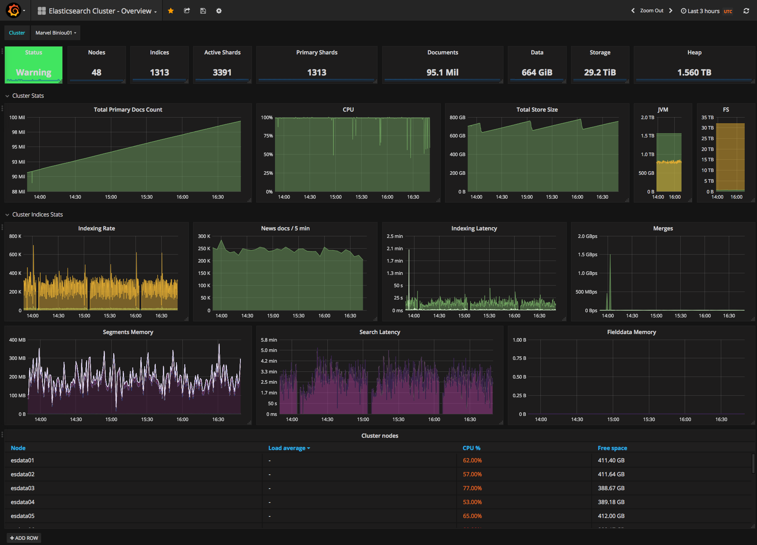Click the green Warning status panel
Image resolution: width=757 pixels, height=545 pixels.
[x=33, y=65]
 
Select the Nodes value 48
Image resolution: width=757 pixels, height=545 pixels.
[x=97, y=72]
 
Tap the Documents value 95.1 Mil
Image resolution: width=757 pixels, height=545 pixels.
[x=442, y=72]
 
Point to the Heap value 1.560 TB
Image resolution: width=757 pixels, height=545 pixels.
[x=694, y=72]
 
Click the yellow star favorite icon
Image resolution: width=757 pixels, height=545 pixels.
[x=170, y=11]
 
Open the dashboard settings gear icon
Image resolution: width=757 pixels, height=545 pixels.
[x=219, y=11]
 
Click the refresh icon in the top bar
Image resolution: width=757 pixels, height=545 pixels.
[x=746, y=11]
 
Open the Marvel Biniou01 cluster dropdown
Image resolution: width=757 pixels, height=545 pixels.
[x=56, y=33]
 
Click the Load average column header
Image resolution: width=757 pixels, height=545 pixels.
[x=289, y=448]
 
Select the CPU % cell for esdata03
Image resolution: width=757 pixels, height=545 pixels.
[x=472, y=488]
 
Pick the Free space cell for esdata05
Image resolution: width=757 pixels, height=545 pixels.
[x=611, y=516]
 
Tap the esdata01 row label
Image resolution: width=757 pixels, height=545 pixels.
[x=23, y=460]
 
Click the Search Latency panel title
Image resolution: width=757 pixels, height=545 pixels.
[x=379, y=332]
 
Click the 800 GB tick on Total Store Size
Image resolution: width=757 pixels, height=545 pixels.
[x=457, y=118]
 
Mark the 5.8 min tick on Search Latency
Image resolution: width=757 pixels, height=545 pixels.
[x=269, y=340]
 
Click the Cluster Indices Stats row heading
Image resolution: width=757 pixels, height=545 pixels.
[x=37, y=215]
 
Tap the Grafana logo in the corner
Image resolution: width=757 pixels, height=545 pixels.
[x=14, y=10]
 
